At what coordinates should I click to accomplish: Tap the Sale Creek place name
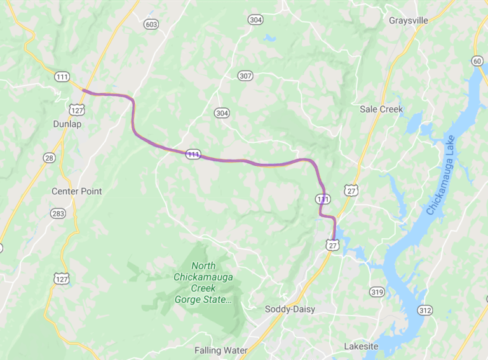(x=381, y=109)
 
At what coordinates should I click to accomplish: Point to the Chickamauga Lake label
(x=444, y=175)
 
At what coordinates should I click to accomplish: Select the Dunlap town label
(x=67, y=124)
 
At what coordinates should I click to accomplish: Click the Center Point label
(x=76, y=191)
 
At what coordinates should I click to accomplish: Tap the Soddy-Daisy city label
(x=290, y=309)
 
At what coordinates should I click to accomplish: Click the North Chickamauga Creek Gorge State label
(x=203, y=283)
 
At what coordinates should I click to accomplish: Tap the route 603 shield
(x=151, y=24)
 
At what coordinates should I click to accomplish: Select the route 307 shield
(x=245, y=76)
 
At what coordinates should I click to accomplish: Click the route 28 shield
(x=50, y=157)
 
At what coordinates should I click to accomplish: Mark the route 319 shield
(x=377, y=292)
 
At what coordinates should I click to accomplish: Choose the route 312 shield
(x=424, y=310)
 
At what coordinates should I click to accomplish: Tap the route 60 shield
(x=477, y=60)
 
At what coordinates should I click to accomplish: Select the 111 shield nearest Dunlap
(x=62, y=77)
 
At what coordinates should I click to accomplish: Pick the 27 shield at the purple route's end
(x=331, y=245)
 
